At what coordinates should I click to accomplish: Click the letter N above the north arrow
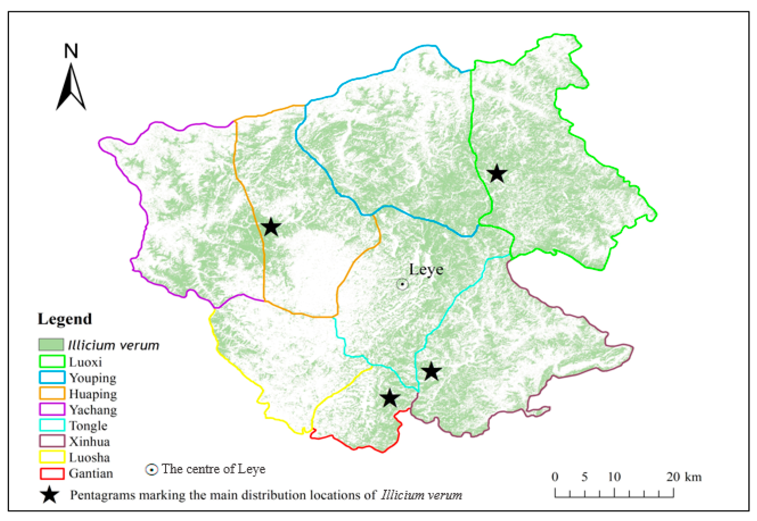pos(71,51)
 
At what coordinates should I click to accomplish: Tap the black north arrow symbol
pos(71,88)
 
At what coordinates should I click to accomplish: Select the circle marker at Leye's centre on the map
pos(402,284)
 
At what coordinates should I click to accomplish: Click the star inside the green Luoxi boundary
pos(496,174)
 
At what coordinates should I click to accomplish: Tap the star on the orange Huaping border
pos(271,227)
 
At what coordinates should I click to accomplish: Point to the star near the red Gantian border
pos(390,398)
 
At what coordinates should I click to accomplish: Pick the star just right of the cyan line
pos(431,371)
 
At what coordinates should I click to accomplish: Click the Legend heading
pos(65,319)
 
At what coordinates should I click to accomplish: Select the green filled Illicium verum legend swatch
pos(51,345)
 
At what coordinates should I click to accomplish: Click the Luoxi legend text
pos(85,362)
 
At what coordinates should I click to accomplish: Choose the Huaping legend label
pos(93,394)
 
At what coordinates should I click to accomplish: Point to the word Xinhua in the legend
pos(89,441)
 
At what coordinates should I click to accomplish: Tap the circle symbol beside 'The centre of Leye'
pos(152,470)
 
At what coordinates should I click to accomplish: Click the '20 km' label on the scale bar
pos(683,477)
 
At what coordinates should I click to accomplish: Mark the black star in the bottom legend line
pos(50,495)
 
